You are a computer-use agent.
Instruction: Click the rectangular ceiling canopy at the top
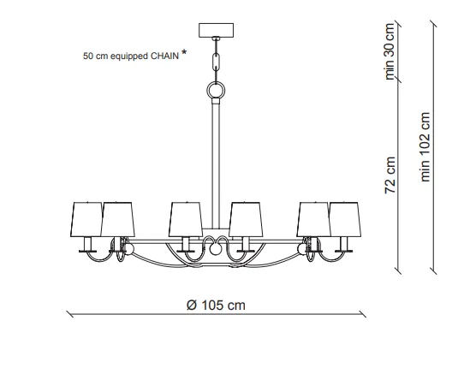216,30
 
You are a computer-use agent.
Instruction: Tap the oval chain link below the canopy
216,62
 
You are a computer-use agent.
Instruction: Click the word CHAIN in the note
164,56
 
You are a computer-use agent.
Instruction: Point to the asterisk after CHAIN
184,52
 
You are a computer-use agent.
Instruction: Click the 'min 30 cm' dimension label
390,51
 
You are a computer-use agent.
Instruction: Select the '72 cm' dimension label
390,175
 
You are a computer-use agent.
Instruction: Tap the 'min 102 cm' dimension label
425,147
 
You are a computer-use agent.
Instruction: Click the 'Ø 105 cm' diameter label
216,306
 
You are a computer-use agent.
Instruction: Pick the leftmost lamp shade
86,219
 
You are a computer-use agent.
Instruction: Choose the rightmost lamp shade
345,219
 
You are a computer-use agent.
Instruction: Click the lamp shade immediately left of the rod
186,219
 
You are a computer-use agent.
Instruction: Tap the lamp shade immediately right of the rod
246,219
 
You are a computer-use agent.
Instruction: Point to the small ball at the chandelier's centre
216,249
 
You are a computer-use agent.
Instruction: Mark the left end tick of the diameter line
70,314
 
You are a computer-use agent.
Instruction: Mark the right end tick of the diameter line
362,314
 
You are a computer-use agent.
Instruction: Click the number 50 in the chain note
88,56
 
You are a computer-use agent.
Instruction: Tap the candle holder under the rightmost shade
344,245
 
